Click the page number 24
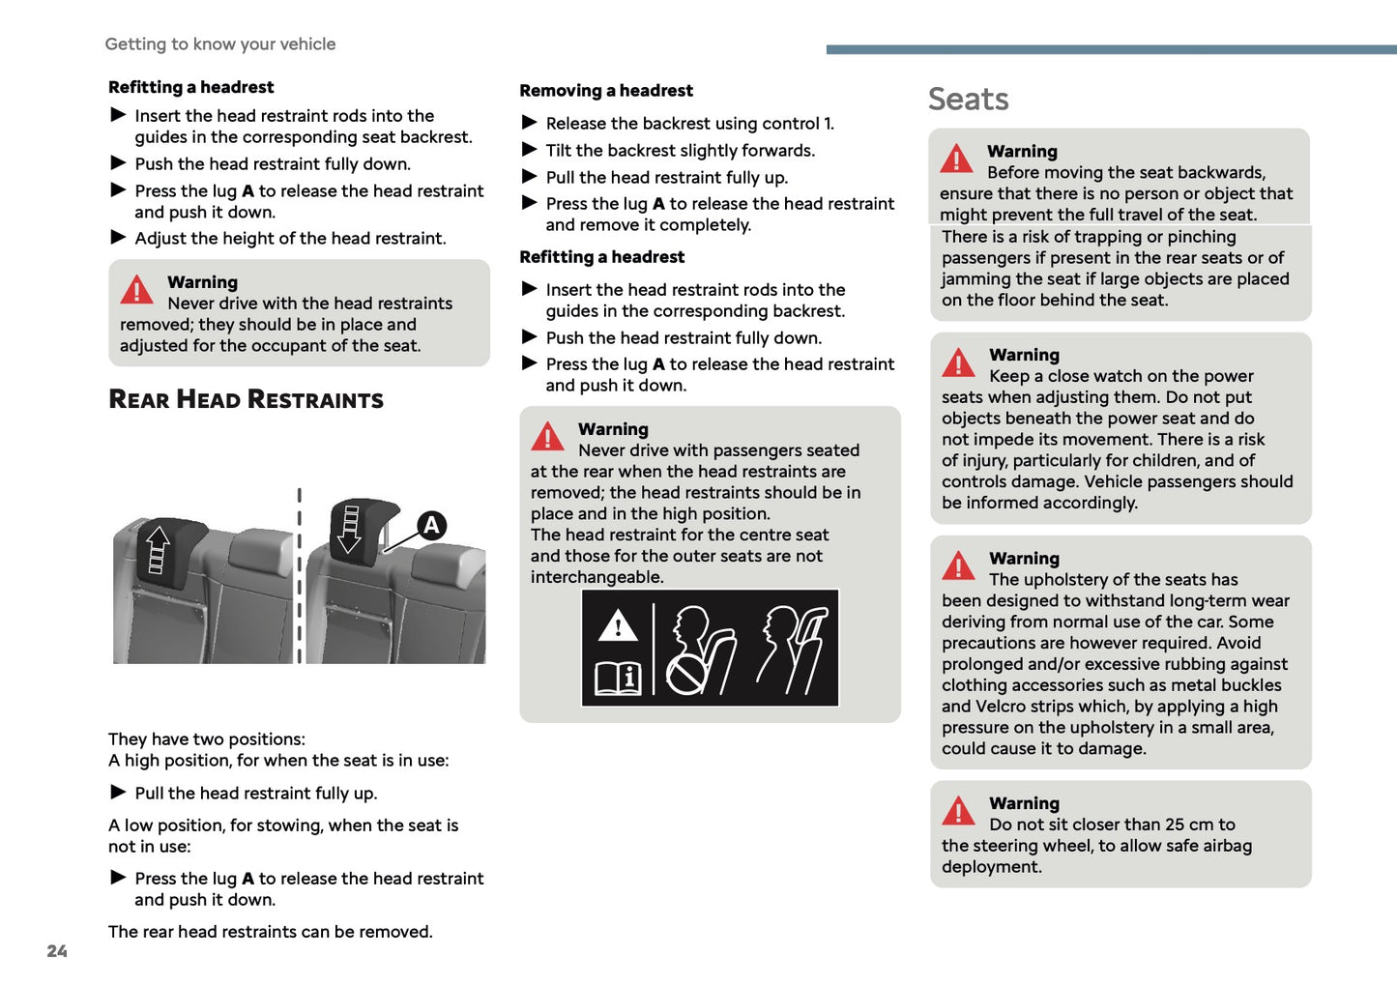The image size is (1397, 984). coord(57,951)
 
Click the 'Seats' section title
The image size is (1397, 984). coord(968,100)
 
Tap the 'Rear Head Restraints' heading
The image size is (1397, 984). coord(246,399)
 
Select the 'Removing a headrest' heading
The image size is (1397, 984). coord(606,91)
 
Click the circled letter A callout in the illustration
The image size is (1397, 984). coord(431,526)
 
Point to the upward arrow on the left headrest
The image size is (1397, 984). coord(158,549)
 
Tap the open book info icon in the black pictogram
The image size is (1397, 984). coord(618,678)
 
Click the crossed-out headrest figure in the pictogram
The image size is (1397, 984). coord(699,651)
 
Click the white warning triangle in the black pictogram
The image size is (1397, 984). coord(618,626)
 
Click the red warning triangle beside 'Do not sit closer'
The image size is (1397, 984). coord(958,811)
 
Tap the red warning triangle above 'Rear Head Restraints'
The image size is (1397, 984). coord(136,289)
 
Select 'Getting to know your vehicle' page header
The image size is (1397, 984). coord(220,44)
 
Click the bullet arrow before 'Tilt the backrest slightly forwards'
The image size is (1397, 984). coord(530,150)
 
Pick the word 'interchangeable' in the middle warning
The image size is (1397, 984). coord(597,577)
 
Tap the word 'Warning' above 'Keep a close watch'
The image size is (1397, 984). coord(1024,355)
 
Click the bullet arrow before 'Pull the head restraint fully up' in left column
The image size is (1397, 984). coord(119,793)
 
